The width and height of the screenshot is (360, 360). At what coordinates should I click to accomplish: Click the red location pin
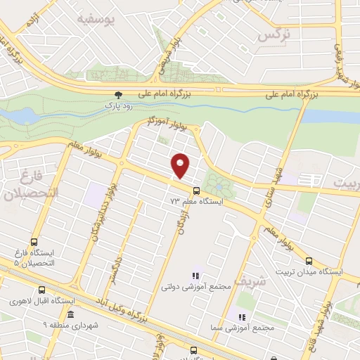(x=181, y=165)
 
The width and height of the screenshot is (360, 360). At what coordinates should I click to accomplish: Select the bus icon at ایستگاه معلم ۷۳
(x=195, y=191)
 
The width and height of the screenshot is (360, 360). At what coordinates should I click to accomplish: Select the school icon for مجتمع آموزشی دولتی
(x=195, y=276)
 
